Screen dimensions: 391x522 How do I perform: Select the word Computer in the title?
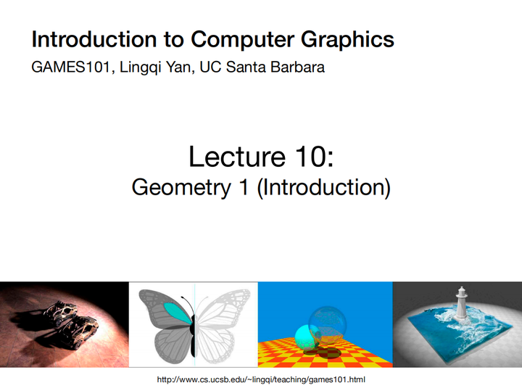click(x=236, y=39)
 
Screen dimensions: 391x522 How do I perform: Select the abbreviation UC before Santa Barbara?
click(x=221, y=68)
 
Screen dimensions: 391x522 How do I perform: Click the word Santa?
click(x=257, y=68)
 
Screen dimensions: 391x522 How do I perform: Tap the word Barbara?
click(x=304, y=68)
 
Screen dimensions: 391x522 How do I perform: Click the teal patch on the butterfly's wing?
click(x=174, y=312)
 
